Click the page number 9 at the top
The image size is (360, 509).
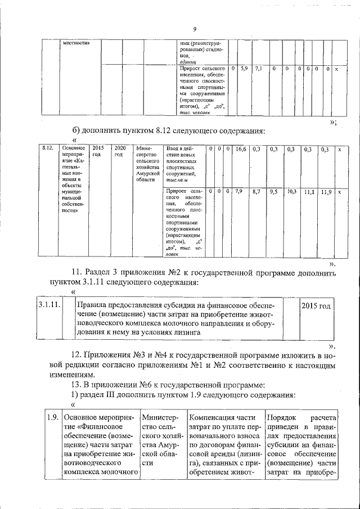pos(193,30)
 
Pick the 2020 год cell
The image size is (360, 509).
pos(119,151)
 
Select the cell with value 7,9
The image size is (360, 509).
pos(238,192)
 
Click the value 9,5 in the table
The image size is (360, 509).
pos(274,192)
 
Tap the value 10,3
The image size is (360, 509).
pos(291,192)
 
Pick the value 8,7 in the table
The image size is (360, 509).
pos(256,192)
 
